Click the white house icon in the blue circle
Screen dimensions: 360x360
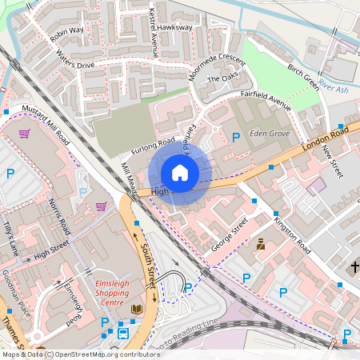(x=180, y=173)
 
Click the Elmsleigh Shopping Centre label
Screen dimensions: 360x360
(x=118, y=289)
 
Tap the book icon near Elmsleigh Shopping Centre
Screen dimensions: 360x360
(x=137, y=309)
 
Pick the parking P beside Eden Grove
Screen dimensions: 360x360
(x=236, y=138)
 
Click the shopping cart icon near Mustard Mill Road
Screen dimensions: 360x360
(x=25, y=134)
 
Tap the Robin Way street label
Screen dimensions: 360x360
(x=66, y=34)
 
